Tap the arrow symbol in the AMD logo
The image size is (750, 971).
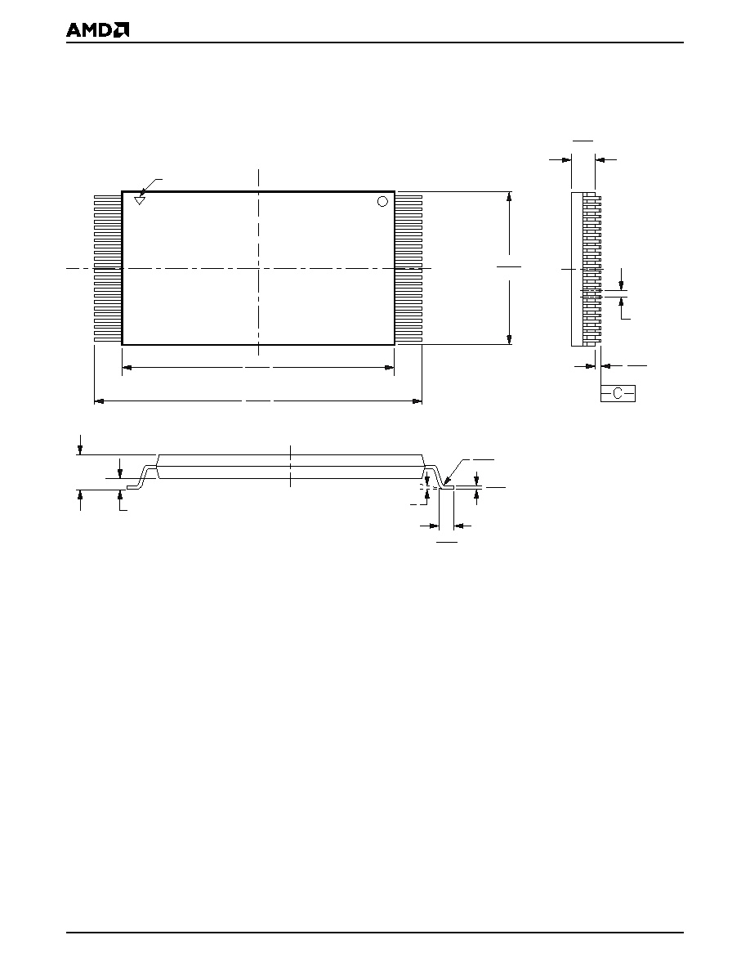click(x=122, y=30)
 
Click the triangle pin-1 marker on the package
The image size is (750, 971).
click(x=140, y=200)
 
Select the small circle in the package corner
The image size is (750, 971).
click(x=382, y=201)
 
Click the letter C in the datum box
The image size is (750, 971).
click(x=618, y=393)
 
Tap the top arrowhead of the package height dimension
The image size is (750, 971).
click(x=509, y=196)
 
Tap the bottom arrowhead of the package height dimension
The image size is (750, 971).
click(x=509, y=339)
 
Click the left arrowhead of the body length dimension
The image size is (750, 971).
click(x=127, y=368)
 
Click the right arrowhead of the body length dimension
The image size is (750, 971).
click(x=389, y=368)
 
